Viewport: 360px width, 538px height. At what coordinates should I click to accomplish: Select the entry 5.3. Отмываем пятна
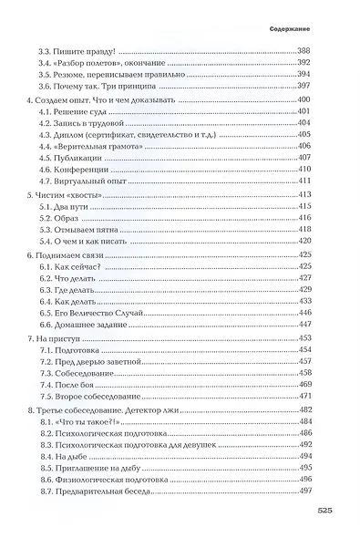pyautogui.click(x=84, y=229)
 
